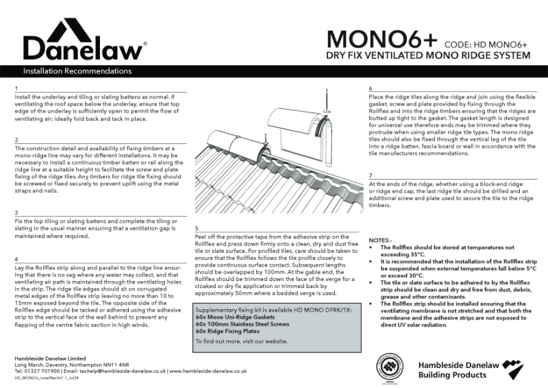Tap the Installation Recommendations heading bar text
77,71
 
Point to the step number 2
15,140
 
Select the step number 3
15,213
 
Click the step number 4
15,259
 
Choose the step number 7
370,176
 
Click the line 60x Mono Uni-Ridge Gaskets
233,318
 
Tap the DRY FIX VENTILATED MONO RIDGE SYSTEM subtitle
427,56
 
